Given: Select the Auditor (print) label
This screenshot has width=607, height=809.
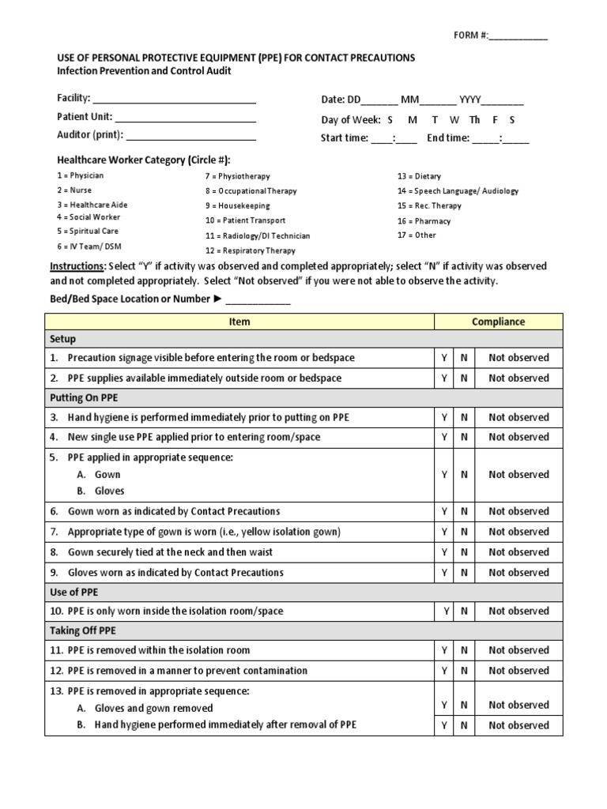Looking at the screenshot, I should click(x=90, y=134).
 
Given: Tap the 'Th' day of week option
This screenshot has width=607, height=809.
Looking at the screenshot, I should click(x=474, y=120).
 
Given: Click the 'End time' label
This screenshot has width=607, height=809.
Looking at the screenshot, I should click(x=448, y=137).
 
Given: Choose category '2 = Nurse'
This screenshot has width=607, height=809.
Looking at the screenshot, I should click(x=74, y=190).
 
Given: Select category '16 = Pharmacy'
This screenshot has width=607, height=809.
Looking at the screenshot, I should click(x=424, y=221).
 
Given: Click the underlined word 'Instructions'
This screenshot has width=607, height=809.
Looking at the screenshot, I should click(x=77, y=266).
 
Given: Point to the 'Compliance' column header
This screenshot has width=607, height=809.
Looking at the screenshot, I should click(x=498, y=322).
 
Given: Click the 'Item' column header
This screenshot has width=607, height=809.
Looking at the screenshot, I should click(x=239, y=322).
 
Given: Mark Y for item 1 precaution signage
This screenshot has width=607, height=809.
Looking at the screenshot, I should click(x=444, y=358).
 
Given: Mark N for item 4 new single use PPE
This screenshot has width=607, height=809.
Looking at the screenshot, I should click(x=464, y=437).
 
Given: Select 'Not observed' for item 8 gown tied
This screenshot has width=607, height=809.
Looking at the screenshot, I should click(x=518, y=552).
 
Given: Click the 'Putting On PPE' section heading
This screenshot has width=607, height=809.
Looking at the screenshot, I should click(x=84, y=397).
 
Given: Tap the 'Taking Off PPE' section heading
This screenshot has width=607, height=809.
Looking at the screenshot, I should click(x=85, y=630).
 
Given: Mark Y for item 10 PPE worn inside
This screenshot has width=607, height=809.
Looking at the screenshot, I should click(x=444, y=611).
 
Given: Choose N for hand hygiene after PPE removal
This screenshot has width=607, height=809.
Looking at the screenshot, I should click(x=464, y=725).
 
